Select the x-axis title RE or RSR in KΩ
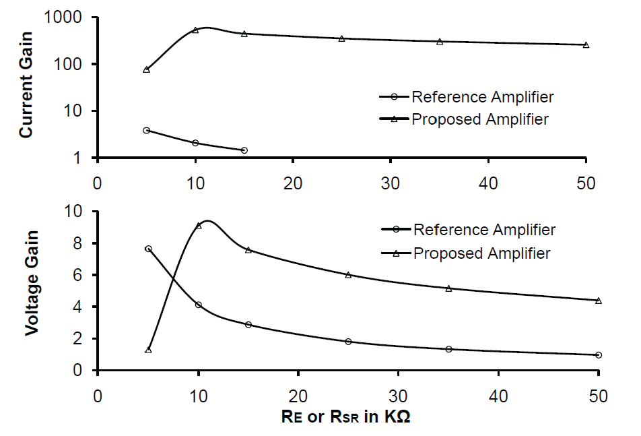click(x=346, y=416)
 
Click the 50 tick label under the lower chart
click(x=599, y=394)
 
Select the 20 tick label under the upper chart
click(x=292, y=181)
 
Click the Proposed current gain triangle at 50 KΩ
click(x=586, y=45)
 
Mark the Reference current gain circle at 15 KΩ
click(x=244, y=150)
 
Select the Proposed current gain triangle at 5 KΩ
click(x=146, y=69)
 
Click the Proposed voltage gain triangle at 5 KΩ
click(x=148, y=350)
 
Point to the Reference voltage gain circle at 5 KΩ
click(x=148, y=249)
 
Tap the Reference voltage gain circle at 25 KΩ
click(x=348, y=342)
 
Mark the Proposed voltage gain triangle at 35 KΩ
click(x=448, y=288)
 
